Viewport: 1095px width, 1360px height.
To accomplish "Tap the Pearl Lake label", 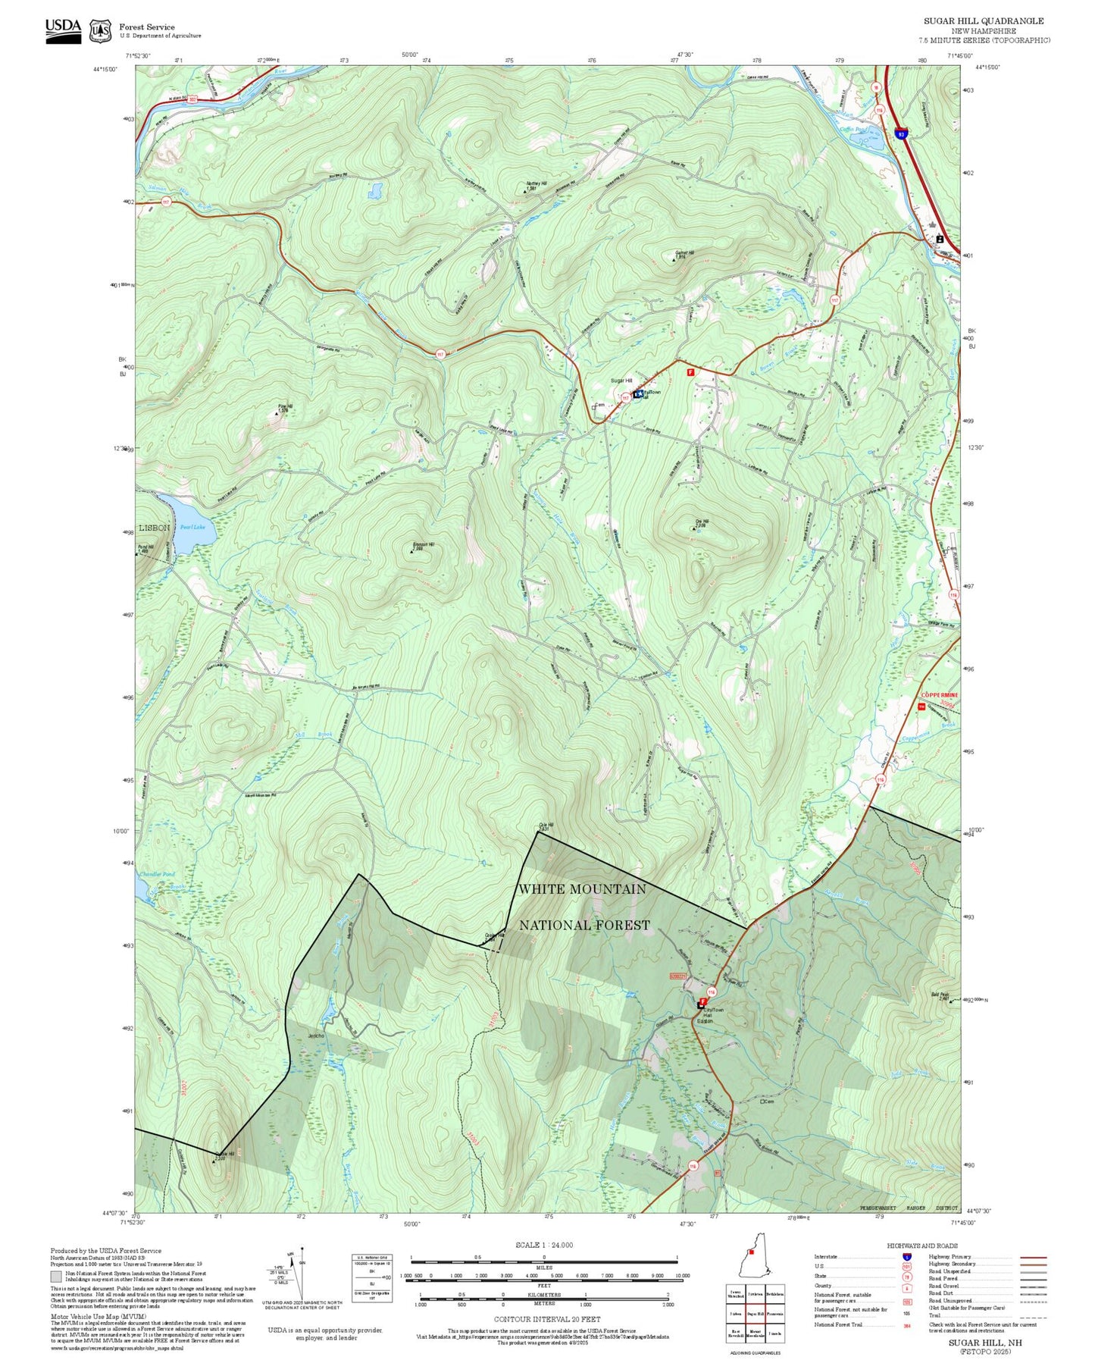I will point(192,527).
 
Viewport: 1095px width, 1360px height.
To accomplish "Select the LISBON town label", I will point(155,528).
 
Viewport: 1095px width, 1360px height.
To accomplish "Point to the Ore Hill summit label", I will point(701,522).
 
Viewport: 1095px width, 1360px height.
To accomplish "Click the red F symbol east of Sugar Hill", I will point(690,372).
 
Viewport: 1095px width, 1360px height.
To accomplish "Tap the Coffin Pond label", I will point(853,130).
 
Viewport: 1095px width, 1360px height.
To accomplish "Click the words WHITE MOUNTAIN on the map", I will point(582,888).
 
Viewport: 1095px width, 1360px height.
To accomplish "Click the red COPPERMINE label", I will point(939,694).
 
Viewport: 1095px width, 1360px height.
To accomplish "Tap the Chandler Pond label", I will point(157,874).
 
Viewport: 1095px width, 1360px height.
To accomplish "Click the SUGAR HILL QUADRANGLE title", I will point(983,21).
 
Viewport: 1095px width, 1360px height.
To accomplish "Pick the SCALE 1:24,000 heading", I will point(543,1245).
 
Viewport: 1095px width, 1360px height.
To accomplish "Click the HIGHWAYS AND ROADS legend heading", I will point(922,1246).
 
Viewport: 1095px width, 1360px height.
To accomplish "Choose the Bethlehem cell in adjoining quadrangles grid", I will point(774,1294).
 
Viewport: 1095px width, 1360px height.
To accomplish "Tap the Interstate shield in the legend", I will point(906,1257).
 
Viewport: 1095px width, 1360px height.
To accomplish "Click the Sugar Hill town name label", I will point(621,381).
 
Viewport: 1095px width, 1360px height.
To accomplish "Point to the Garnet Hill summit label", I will point(684,253).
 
